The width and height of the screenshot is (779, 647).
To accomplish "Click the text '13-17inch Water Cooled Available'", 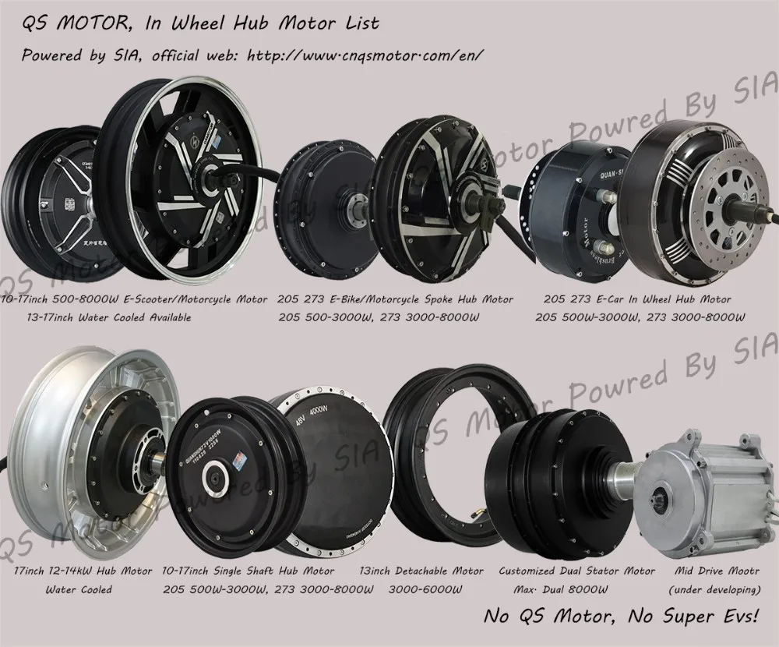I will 100,317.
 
